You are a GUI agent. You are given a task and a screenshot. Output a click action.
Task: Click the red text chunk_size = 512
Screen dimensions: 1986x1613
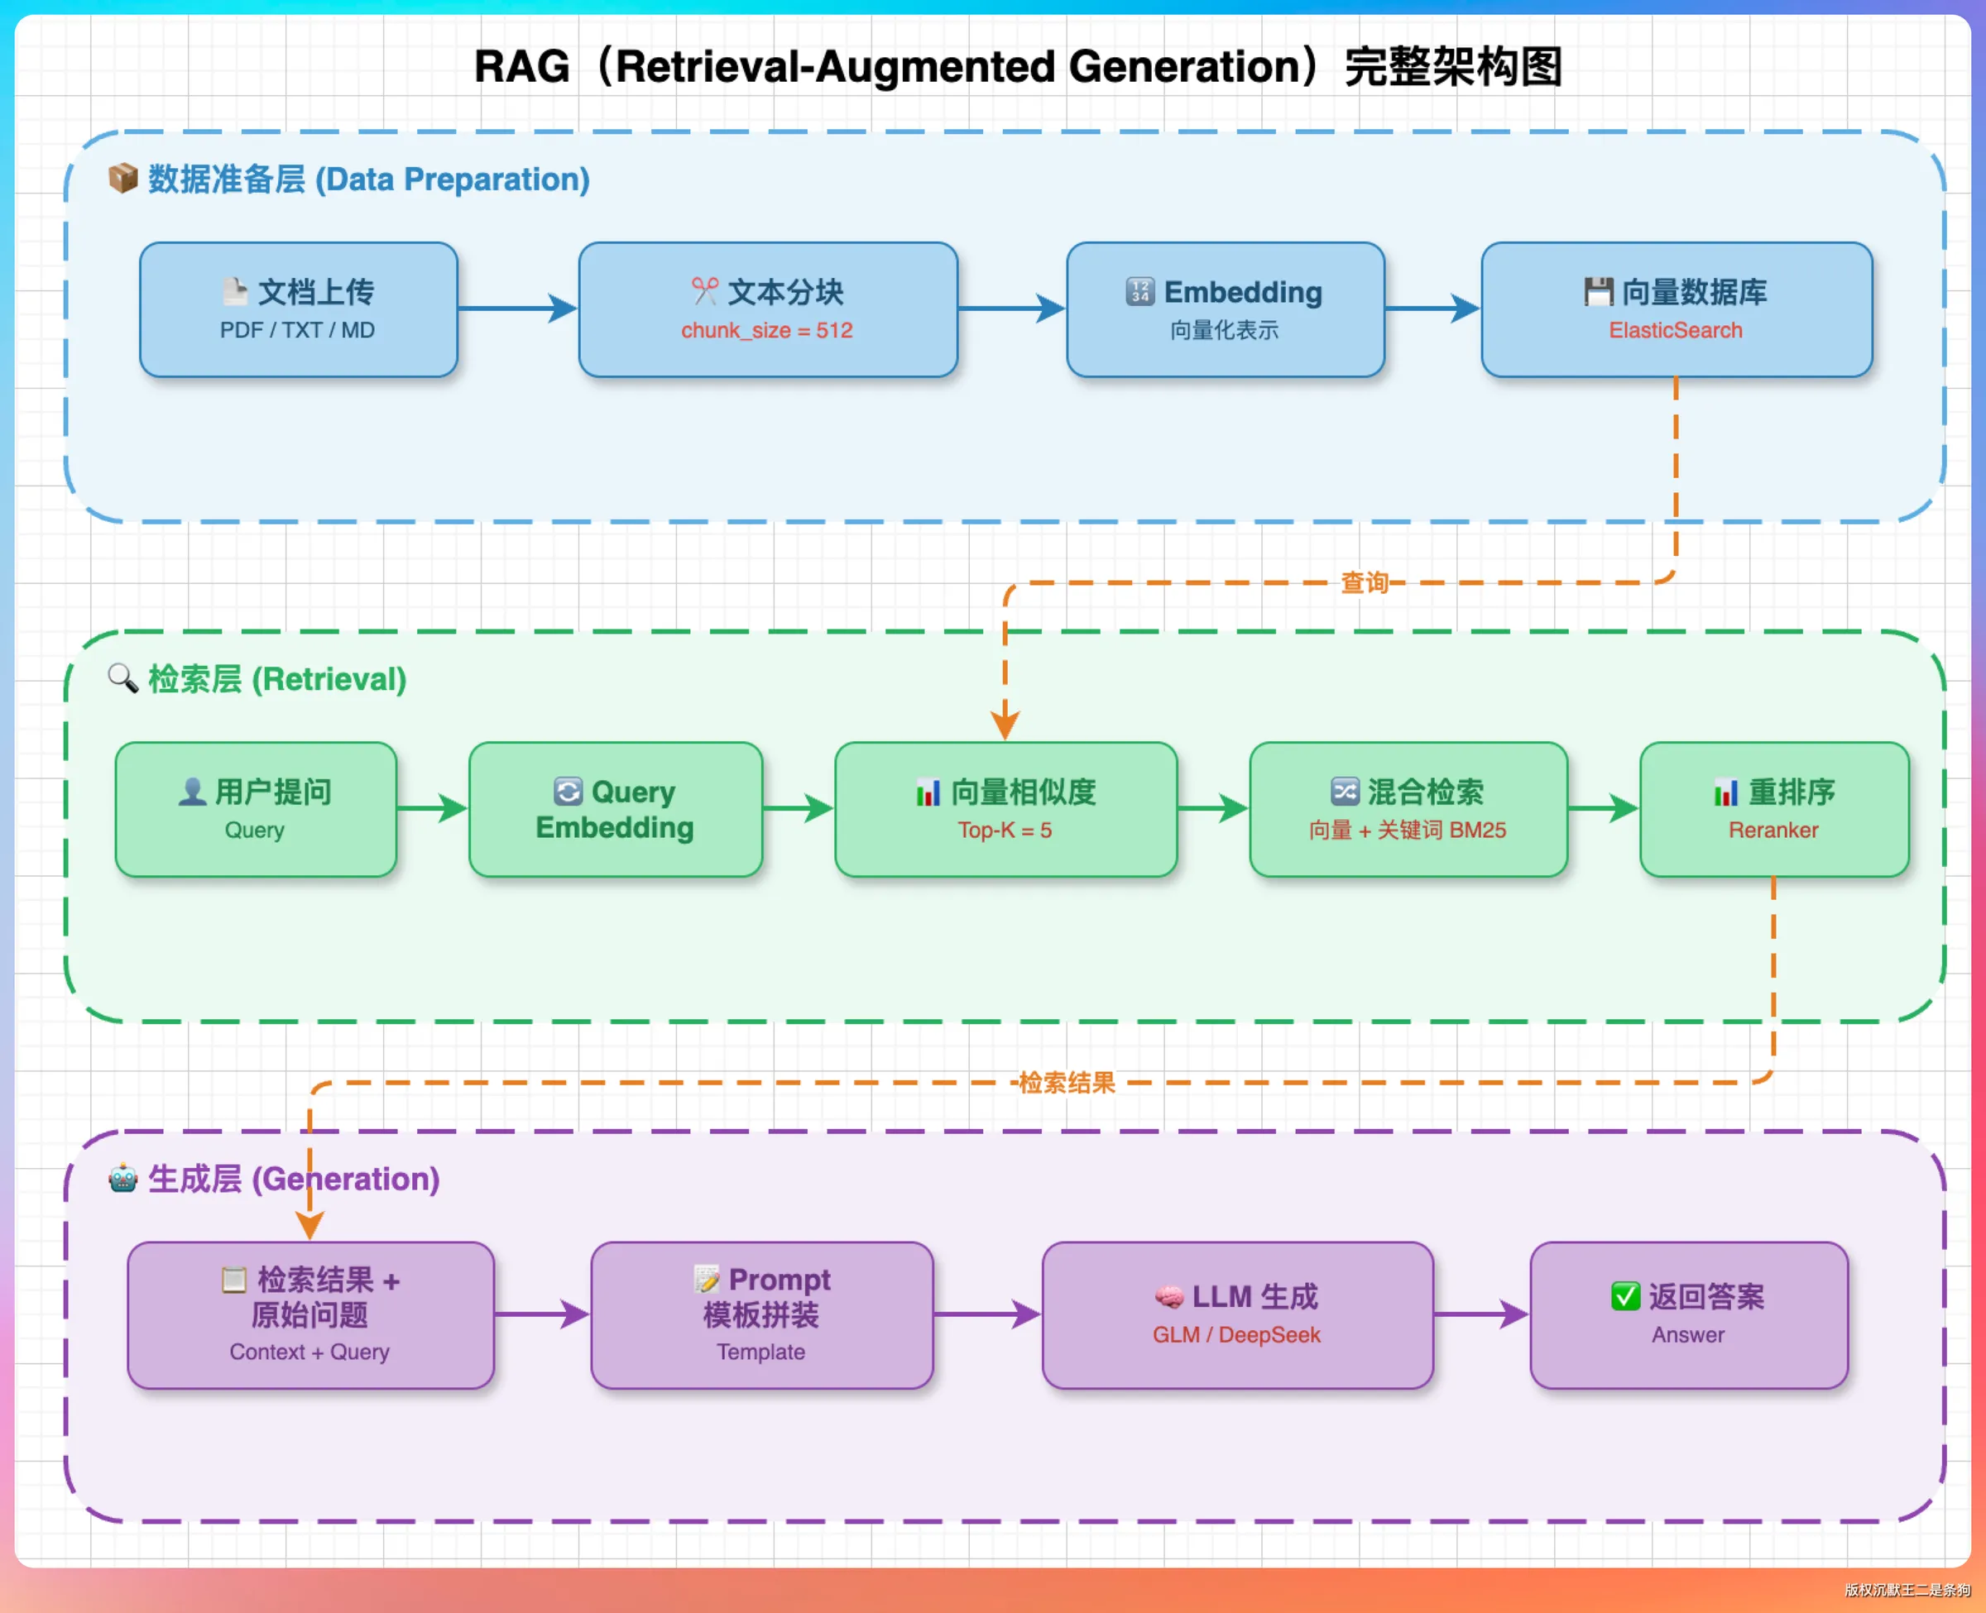767,331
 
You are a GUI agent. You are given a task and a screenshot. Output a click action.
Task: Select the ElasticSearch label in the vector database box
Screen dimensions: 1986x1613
1676,331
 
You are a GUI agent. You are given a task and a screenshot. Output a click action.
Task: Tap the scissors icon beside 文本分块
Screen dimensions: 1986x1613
704,291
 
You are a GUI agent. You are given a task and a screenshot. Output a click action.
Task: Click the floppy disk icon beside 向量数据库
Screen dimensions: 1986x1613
1599,292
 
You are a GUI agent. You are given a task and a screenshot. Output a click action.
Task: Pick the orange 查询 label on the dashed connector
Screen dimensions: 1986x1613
1365,582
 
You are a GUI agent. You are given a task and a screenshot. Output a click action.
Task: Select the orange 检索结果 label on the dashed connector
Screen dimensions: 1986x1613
1067,1083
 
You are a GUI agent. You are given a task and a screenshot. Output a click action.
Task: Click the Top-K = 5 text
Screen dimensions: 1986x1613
1005,830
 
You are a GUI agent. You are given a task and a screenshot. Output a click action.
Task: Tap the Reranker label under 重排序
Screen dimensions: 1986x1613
1773,830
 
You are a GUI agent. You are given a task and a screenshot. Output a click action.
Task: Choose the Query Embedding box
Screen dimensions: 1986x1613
615,809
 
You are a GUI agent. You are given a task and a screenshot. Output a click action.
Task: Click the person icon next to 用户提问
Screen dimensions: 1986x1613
192,792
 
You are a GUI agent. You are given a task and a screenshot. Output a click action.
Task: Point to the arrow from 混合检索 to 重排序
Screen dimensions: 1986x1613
1603,808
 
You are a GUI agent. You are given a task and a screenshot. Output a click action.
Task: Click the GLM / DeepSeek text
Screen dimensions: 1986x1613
1236,1335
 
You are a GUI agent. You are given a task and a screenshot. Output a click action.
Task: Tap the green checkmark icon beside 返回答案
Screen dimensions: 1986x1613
1625,1296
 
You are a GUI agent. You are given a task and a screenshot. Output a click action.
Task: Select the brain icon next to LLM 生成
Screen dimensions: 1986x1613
1168,1297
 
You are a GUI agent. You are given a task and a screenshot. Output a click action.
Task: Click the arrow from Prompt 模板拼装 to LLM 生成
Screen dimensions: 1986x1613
987,1314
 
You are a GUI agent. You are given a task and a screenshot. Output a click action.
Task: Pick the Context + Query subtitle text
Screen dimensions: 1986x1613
309,1352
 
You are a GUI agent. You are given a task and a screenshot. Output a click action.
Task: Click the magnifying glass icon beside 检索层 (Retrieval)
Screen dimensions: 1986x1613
122,678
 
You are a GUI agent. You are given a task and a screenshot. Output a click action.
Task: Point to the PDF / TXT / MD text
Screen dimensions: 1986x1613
297,331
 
